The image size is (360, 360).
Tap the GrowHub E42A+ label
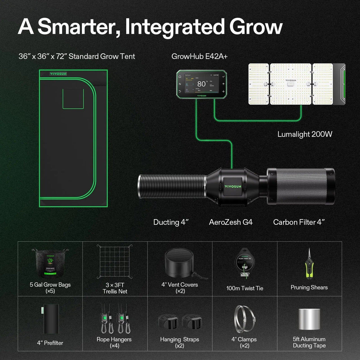coord(199,56)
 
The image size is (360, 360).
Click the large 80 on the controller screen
coord(201,84)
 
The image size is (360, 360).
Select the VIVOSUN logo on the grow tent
coord(58,74)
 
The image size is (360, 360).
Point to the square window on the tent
coord(73,99)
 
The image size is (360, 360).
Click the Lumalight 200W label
coord(305,134)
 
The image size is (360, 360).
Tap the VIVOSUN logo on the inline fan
coord(233,187)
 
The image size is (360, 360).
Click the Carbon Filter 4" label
coord(299,222)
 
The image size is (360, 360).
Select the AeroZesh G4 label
coord(231,222)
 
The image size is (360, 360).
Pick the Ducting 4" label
coord(171,222)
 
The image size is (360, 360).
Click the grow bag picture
coord(50,263)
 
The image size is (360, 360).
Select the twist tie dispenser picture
coord(245,263)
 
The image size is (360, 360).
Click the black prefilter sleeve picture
coord(51,319)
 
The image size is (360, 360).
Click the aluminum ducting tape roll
coord(309,319)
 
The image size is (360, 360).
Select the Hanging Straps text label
coord(179,339)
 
